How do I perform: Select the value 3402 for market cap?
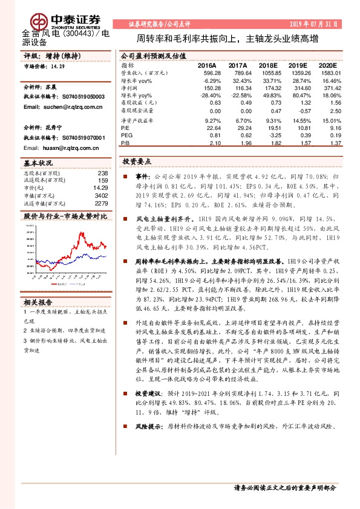click(101, 195)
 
